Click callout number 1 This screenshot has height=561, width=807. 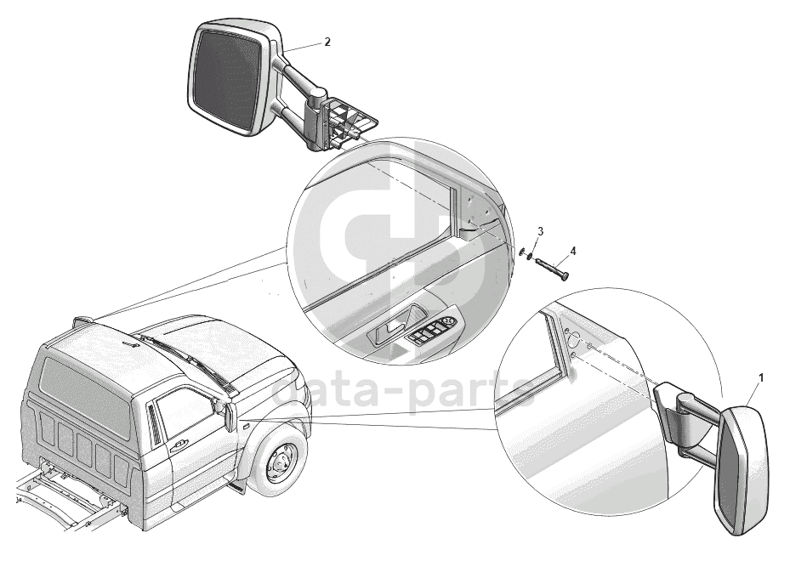point(761,378)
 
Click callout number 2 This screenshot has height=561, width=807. point(327,42)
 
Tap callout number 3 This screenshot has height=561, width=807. point(540,230)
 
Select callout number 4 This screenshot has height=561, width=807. point(573,251)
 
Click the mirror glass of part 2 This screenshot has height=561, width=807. point(229,78)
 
